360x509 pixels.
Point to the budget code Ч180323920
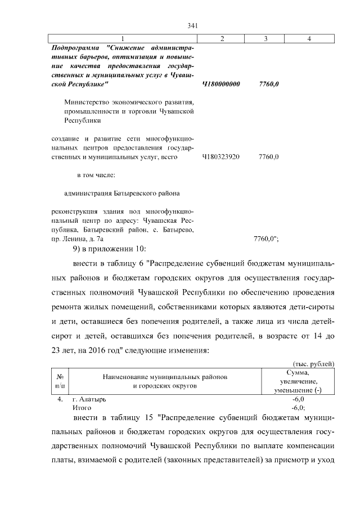pyautogui.click(x=220, y=157)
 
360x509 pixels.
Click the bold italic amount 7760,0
pyautogui.click(x=269, y=84)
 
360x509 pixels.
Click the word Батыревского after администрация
pyautogui.click(x=136, y=193)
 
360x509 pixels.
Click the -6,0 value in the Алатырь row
pyautogui.click(x=298, y=399)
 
